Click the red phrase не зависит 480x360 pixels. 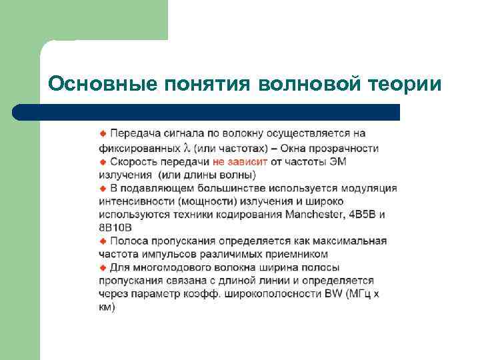(240, 162)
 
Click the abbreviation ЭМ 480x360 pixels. (339, 162)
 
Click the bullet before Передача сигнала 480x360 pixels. (103, 134)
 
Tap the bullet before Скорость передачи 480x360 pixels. (103, 162)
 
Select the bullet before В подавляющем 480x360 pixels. (103, 189)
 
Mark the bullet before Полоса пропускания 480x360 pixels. (103, 241)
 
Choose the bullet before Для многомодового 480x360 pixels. (103, 267)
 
